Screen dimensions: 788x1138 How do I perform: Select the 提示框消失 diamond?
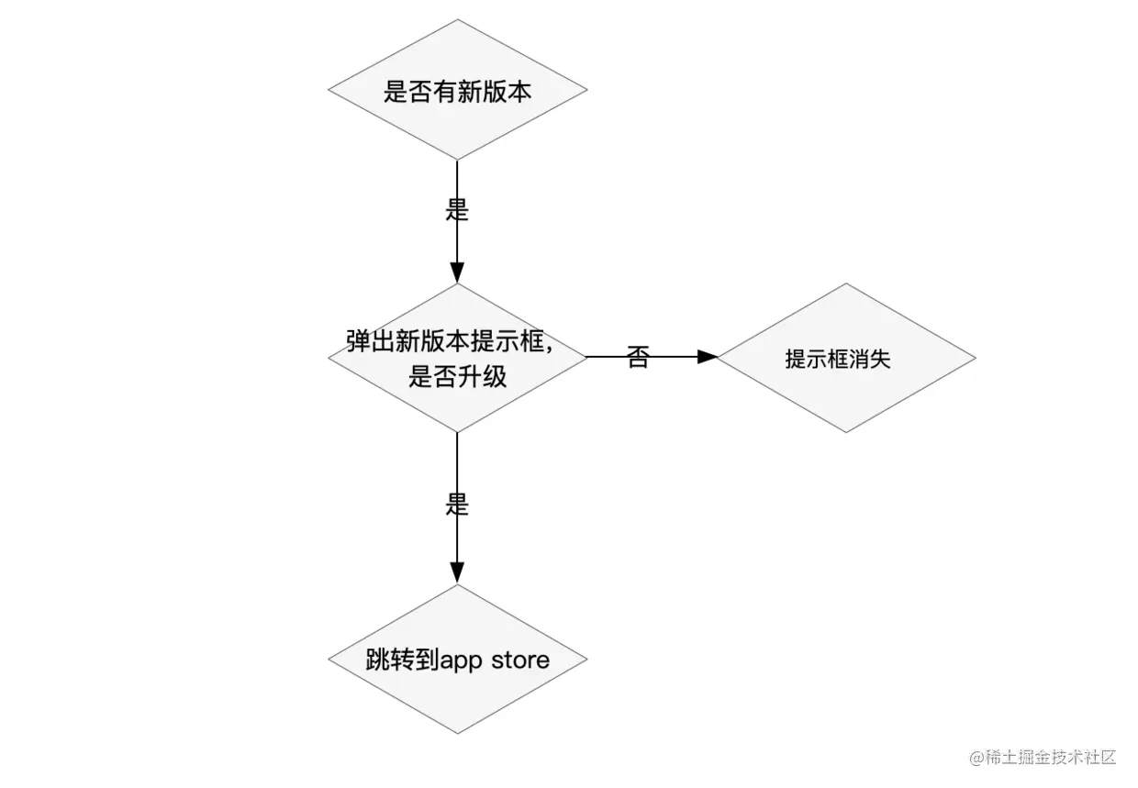point(845,358)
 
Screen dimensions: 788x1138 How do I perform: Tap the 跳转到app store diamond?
point(457,660)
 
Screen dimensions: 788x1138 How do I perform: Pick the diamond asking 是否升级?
point(457,358)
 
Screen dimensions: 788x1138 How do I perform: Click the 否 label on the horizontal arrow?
point(638,357)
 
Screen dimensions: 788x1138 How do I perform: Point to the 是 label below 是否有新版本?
point(457,210)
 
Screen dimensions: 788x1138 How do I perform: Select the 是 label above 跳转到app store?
point(457,505)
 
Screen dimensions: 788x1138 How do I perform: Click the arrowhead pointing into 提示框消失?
point(707,357)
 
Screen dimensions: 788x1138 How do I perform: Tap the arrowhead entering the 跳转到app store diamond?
point(457,573)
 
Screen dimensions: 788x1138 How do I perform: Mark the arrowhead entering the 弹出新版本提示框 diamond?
point(457,272)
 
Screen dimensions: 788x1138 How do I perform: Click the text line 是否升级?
point(457,376)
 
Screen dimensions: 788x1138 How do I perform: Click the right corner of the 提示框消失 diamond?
point(975,358)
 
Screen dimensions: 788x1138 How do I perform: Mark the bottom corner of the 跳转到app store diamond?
point(457,735)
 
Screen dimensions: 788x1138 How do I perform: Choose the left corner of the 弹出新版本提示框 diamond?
point(329,358)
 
